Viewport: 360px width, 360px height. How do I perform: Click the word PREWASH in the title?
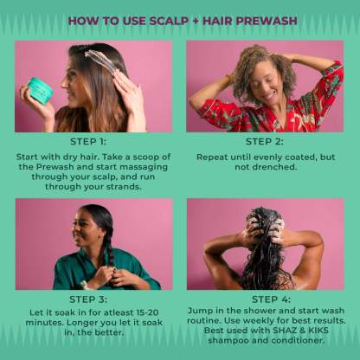point(266,21)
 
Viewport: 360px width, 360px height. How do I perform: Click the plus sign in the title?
point(196,21)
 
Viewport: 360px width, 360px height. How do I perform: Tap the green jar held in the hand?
point(41,90)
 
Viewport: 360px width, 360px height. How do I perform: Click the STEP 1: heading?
point(88,142)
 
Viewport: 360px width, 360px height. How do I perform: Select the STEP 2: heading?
point(265,142)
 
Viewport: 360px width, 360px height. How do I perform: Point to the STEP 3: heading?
point(88,299)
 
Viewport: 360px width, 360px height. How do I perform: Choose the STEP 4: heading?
point(271,299)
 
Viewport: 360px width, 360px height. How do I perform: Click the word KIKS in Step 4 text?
point(318,331)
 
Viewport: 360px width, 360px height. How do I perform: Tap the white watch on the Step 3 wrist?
point(84,285)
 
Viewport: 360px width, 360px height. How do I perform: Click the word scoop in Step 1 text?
point(143,157)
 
